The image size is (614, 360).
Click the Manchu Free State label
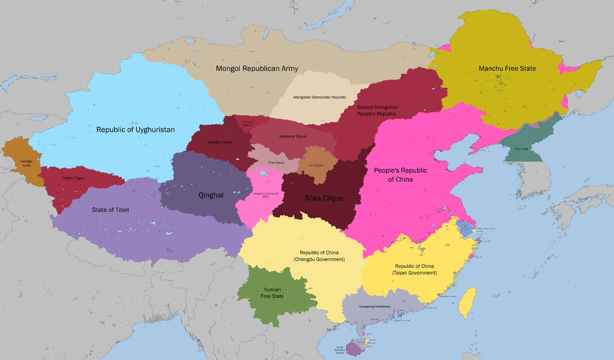507,69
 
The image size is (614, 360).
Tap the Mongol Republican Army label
257,69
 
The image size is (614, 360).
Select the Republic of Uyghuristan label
136,130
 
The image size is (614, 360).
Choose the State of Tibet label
111,210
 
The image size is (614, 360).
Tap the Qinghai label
211,195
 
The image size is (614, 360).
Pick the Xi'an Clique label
324,198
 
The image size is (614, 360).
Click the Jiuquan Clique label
220,142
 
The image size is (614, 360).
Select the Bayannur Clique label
293,137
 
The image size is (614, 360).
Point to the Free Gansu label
276,163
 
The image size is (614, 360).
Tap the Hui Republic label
318,165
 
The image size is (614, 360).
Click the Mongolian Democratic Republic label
320,97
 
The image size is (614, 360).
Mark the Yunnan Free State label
272,292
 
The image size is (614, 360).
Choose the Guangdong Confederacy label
375,306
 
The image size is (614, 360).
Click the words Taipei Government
414,273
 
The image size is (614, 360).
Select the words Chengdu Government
319,260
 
